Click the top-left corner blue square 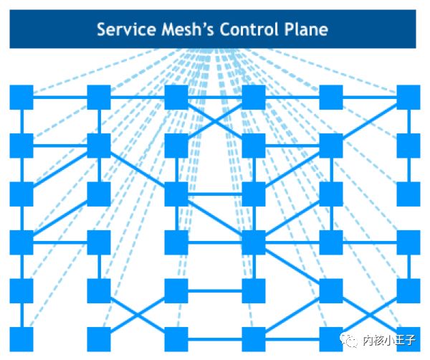pyautogui.click(x=21, y=98)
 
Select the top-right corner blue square pyautogui.click(x=408, y=98)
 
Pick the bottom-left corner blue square pyautogui.click(x=21, y=339)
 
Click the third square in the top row pyautogui.click(x=176, y=98)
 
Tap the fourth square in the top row pyautogui.click(x=253, y=98)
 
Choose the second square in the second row pyautogui.click(x=98, y=146)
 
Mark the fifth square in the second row pyautogui.click(x=330, y=146)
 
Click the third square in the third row pyautogui.click(x=176, y=194)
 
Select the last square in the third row pyautogui.click(x=408, y=194)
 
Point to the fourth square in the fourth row pyautogui.click(x=253, y=242)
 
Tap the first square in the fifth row pyautogui.click(x=21, y=291)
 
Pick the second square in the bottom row pyautogui.click(x=98, y=339)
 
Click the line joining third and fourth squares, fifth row pyautogui.click(x=215, y=291)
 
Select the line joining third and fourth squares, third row pyautogui.click(x=215, y=194)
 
